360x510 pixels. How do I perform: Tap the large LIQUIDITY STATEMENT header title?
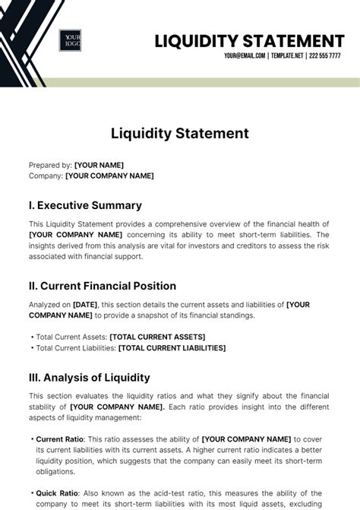[x=249, y=40]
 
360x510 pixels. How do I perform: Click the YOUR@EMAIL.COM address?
[x=244, y=56]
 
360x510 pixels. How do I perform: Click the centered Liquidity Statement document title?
[x=180, y=134]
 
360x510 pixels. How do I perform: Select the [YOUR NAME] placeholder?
[x=99, y=165]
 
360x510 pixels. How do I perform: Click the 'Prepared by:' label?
[x=50, y=165]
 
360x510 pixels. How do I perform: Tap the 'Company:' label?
[x=46, y=176]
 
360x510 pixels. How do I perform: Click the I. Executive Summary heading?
[x=85, y=205]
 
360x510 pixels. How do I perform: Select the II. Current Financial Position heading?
[x=103, y=286]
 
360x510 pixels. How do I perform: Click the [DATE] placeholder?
[x=85, y=305]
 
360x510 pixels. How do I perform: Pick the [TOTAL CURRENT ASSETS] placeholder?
[x=157, y=337]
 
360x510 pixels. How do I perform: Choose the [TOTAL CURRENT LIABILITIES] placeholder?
[x=172, y=348]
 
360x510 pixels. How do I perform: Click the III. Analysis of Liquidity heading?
[x=90, y=378]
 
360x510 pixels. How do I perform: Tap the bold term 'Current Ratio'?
[x=60, y=439]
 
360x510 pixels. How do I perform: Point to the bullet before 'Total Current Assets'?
[x=32, y=337]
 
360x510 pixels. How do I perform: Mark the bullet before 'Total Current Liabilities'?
[x=32, y=348]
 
